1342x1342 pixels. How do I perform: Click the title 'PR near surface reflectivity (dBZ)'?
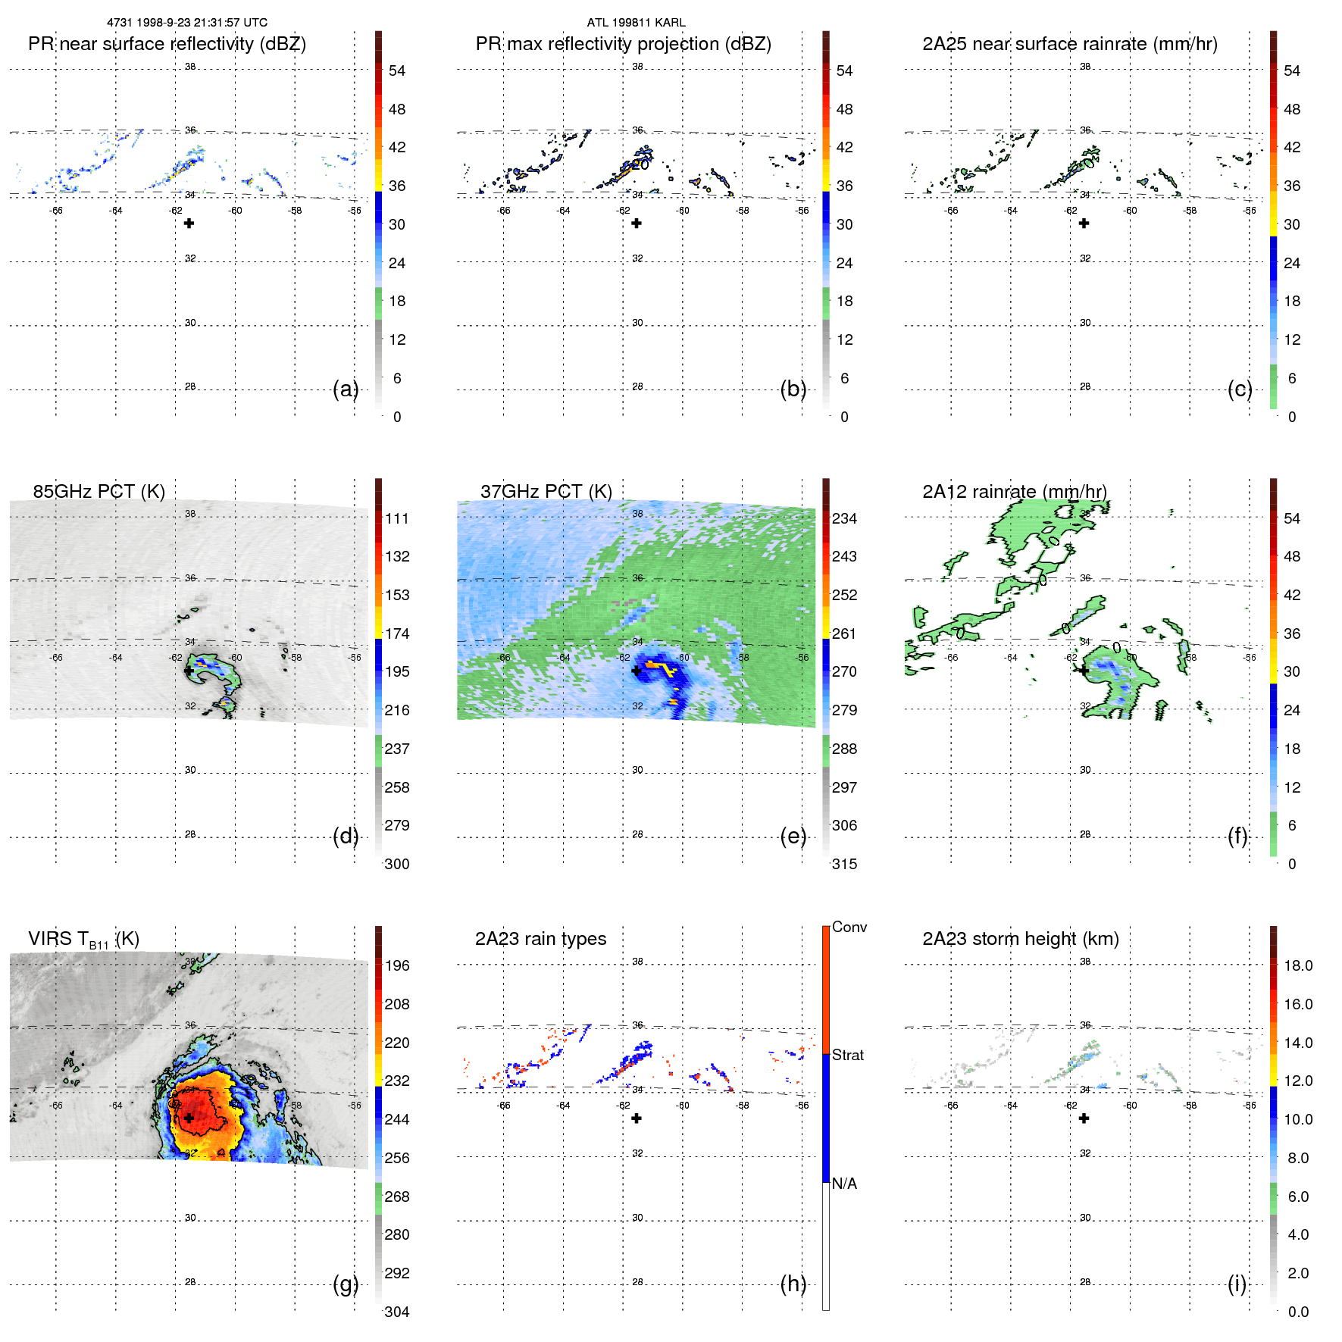[167, 44]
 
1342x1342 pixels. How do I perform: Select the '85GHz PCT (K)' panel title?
[99, 491]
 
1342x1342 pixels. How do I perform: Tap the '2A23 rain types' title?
[540, 939]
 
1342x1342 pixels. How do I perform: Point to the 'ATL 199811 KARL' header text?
[636, 23]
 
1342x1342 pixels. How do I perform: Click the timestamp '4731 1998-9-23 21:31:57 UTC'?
[187, 23]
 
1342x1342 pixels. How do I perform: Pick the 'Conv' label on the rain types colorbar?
[849, 927]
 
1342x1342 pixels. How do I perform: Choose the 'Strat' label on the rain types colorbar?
[847, 1055]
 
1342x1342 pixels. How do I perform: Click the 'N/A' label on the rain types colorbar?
[844, 1184]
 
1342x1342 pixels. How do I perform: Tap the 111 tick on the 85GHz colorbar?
[397, 518]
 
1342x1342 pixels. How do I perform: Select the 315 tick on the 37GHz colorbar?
[844, 864]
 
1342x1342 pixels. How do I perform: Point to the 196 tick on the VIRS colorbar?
[397, 965]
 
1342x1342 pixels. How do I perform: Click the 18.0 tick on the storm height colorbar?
[1298, 965]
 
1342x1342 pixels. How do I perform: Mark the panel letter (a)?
[346, 389]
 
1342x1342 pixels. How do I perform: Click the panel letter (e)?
[793, 837]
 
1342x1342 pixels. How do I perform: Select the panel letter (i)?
[1237, 1284]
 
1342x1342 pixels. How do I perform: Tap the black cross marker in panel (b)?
[637, 223]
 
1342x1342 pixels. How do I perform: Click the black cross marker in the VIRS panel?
[189, 1118]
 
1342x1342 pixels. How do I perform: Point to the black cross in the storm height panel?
[1084, 1118]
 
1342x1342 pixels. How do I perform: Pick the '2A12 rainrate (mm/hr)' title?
[1015, 491]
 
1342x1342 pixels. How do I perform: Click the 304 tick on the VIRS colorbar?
[397, 1312]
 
